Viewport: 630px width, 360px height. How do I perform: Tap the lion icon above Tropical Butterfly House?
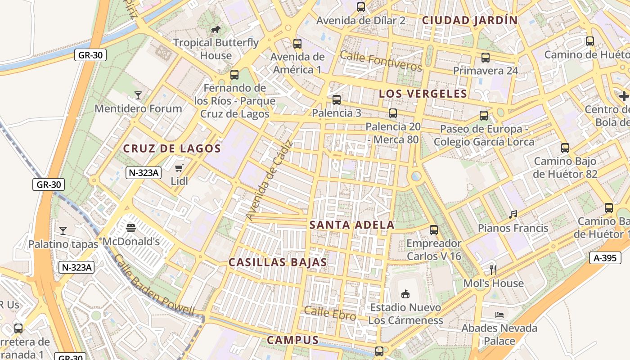[216, 30]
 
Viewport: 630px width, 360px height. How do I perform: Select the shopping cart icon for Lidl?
[179, 168]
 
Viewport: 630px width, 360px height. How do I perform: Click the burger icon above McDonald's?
[131, 228]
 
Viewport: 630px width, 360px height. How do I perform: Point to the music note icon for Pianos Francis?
[513, 215]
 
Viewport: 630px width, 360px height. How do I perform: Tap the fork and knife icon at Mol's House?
[493, 270]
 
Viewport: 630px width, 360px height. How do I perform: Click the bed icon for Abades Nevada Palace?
[499, 315]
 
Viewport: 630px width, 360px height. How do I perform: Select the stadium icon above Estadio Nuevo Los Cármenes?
[405, 294]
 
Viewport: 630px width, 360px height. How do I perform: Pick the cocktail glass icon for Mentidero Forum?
[138, 95]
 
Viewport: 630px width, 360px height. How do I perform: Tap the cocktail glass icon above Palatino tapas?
[63, 231]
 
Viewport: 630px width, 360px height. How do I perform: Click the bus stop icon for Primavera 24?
[485, 58]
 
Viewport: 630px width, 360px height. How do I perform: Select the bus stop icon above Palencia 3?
[336, 100]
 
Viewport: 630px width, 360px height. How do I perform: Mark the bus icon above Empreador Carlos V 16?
[433, 230]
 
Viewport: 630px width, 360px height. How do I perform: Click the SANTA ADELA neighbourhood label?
[352, 225]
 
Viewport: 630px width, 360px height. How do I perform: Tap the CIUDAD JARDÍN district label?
[470, 20]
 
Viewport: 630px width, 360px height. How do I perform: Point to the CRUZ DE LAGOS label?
[172, 148]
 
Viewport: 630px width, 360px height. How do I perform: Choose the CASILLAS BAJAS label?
[278, 262]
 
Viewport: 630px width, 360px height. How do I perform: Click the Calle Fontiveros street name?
[381, 61]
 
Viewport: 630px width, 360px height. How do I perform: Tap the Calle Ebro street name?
[330, 313]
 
